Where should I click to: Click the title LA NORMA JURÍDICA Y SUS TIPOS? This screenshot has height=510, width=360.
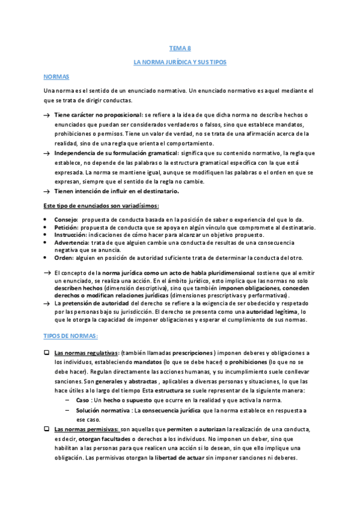tap(179, 63)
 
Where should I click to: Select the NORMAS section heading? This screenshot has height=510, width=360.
tap(56, 77)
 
